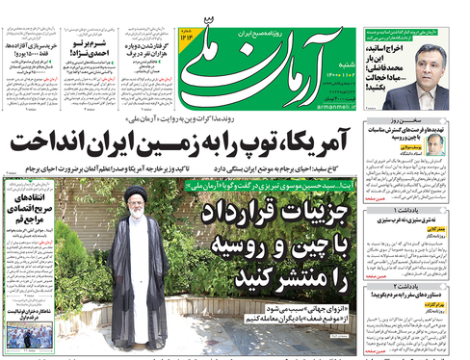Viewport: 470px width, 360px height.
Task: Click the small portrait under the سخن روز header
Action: pyautogui.click(x=435, y=143)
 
